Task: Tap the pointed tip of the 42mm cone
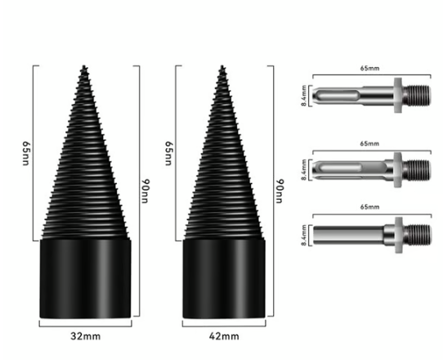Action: [x=221, y=67]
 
